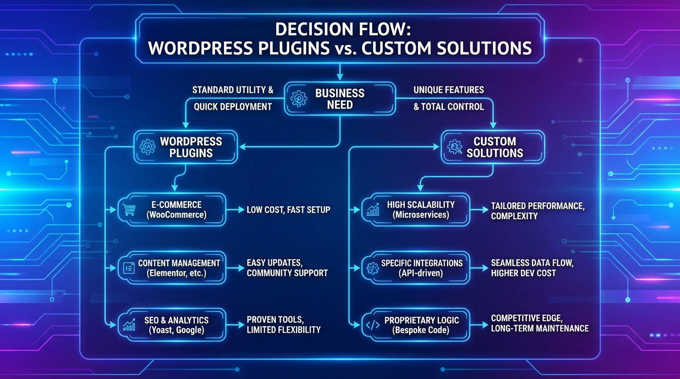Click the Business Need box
[x=339, y=99]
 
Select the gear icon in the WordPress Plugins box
[x=148, y=147]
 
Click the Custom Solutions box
[x=493, y=147]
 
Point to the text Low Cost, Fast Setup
[x=288, y=210]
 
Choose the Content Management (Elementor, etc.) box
[x=172, y=268]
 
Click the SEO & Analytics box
[x=172, y=325]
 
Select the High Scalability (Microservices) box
[x=415, y=210]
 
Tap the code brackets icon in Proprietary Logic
[x=372, y=325]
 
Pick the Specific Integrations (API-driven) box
[x=415, y=268]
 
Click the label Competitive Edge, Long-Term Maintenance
[x=539, y=323]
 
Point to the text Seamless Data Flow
[x=532, y=264]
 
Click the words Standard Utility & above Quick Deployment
[x=232, y=90]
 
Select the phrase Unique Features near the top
[x=448, y=90]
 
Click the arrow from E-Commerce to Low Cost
[x=235, y=210]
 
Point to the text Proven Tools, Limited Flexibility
[x=283, y=325]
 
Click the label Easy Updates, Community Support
[x=287, y=268]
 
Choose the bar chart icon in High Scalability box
[x=373, y=210]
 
